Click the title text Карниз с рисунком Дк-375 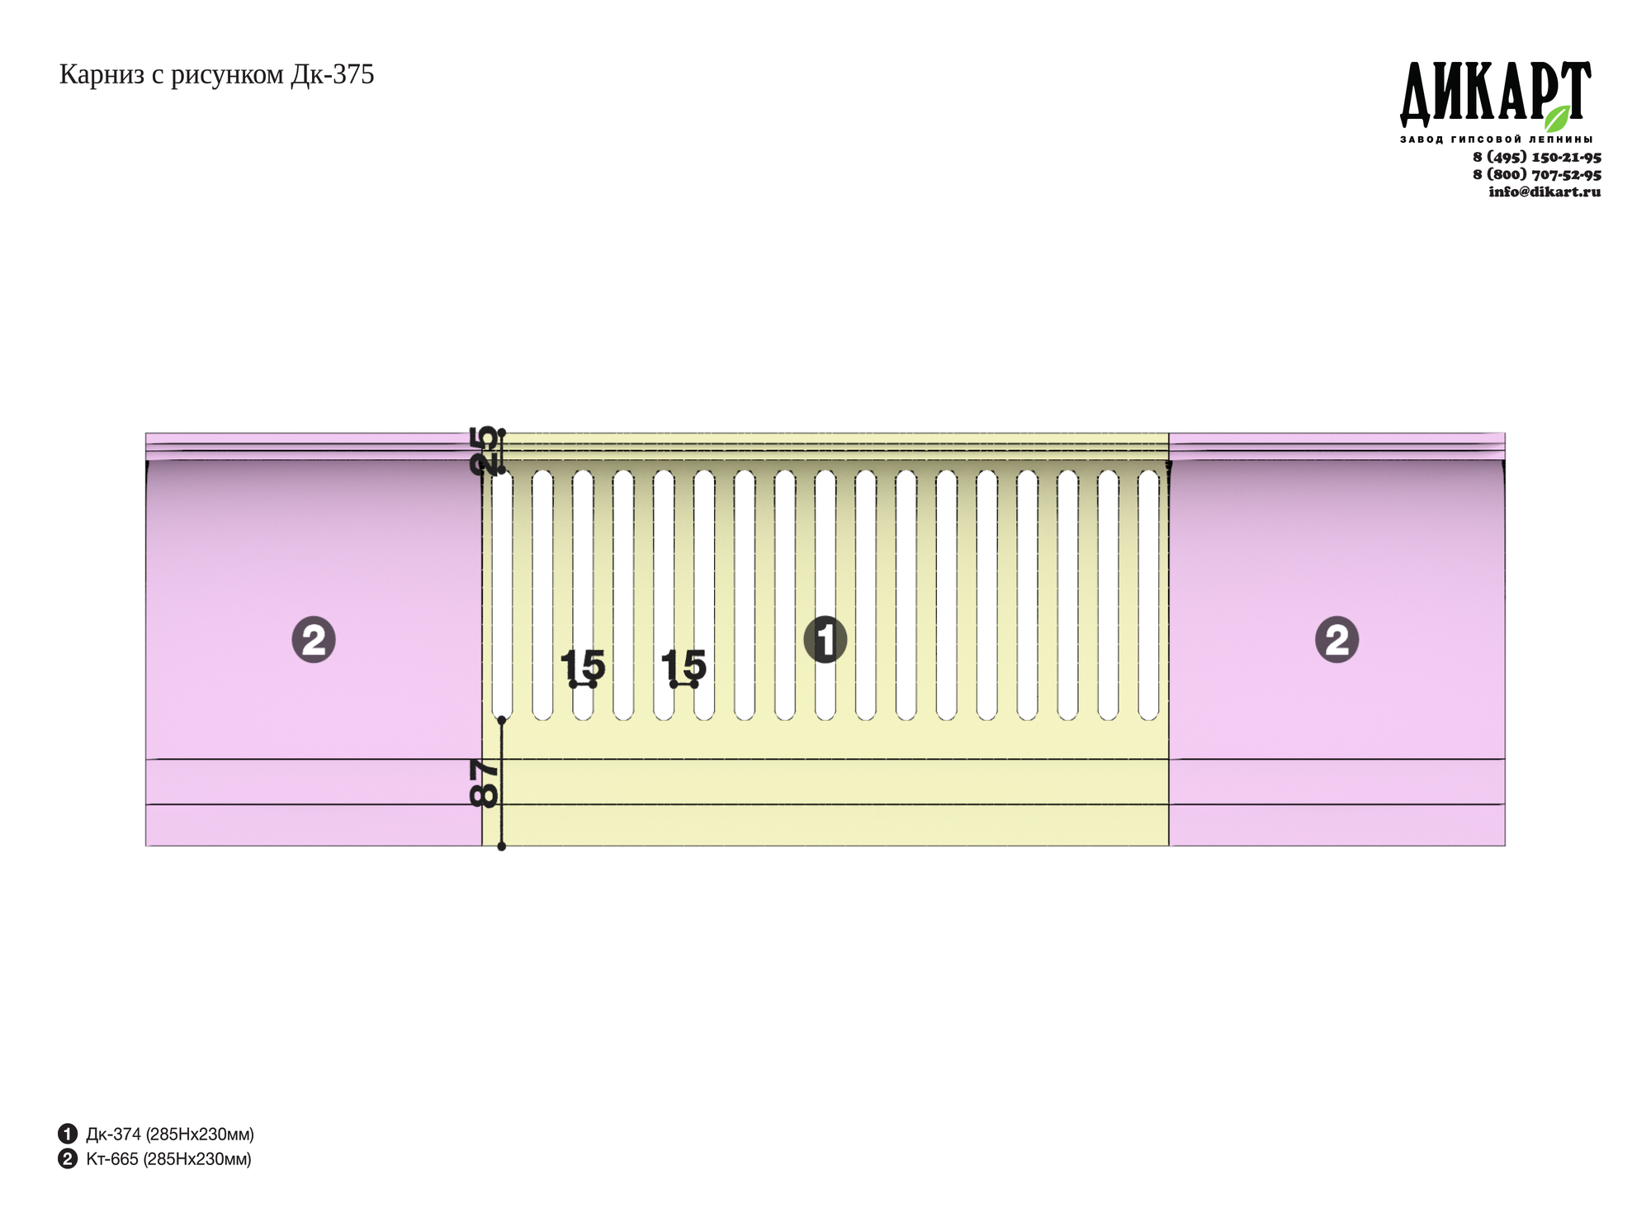(216, 75)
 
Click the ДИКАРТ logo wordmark (1495, 93)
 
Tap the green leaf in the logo (1557, 118)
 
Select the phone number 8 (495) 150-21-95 (1537, 157)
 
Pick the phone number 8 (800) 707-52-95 (1537, 174)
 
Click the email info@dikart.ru (1545, 192)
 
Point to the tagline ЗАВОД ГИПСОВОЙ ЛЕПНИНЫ (1496, 139)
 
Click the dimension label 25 (484, 450)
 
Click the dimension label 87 (484, 783)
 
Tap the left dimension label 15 (583, 665)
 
